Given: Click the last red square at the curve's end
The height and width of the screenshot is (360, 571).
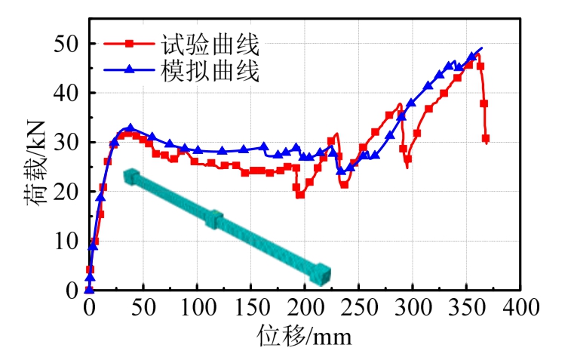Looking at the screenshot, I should [486, 139].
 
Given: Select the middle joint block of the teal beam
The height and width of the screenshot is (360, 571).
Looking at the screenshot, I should [215, 219].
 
